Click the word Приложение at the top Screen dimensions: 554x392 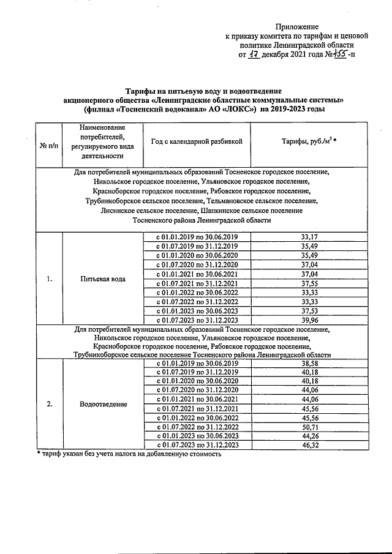click(x=297, y=26)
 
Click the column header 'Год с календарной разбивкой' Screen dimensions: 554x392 click(x=197, y=141)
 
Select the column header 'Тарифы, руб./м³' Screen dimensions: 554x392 click(x=309, y=141)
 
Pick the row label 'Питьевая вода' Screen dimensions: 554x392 click(x=102, y=279)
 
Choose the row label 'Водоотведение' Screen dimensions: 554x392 click(x=102, y=404)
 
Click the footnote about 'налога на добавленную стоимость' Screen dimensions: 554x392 click(x=129, y=454)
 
